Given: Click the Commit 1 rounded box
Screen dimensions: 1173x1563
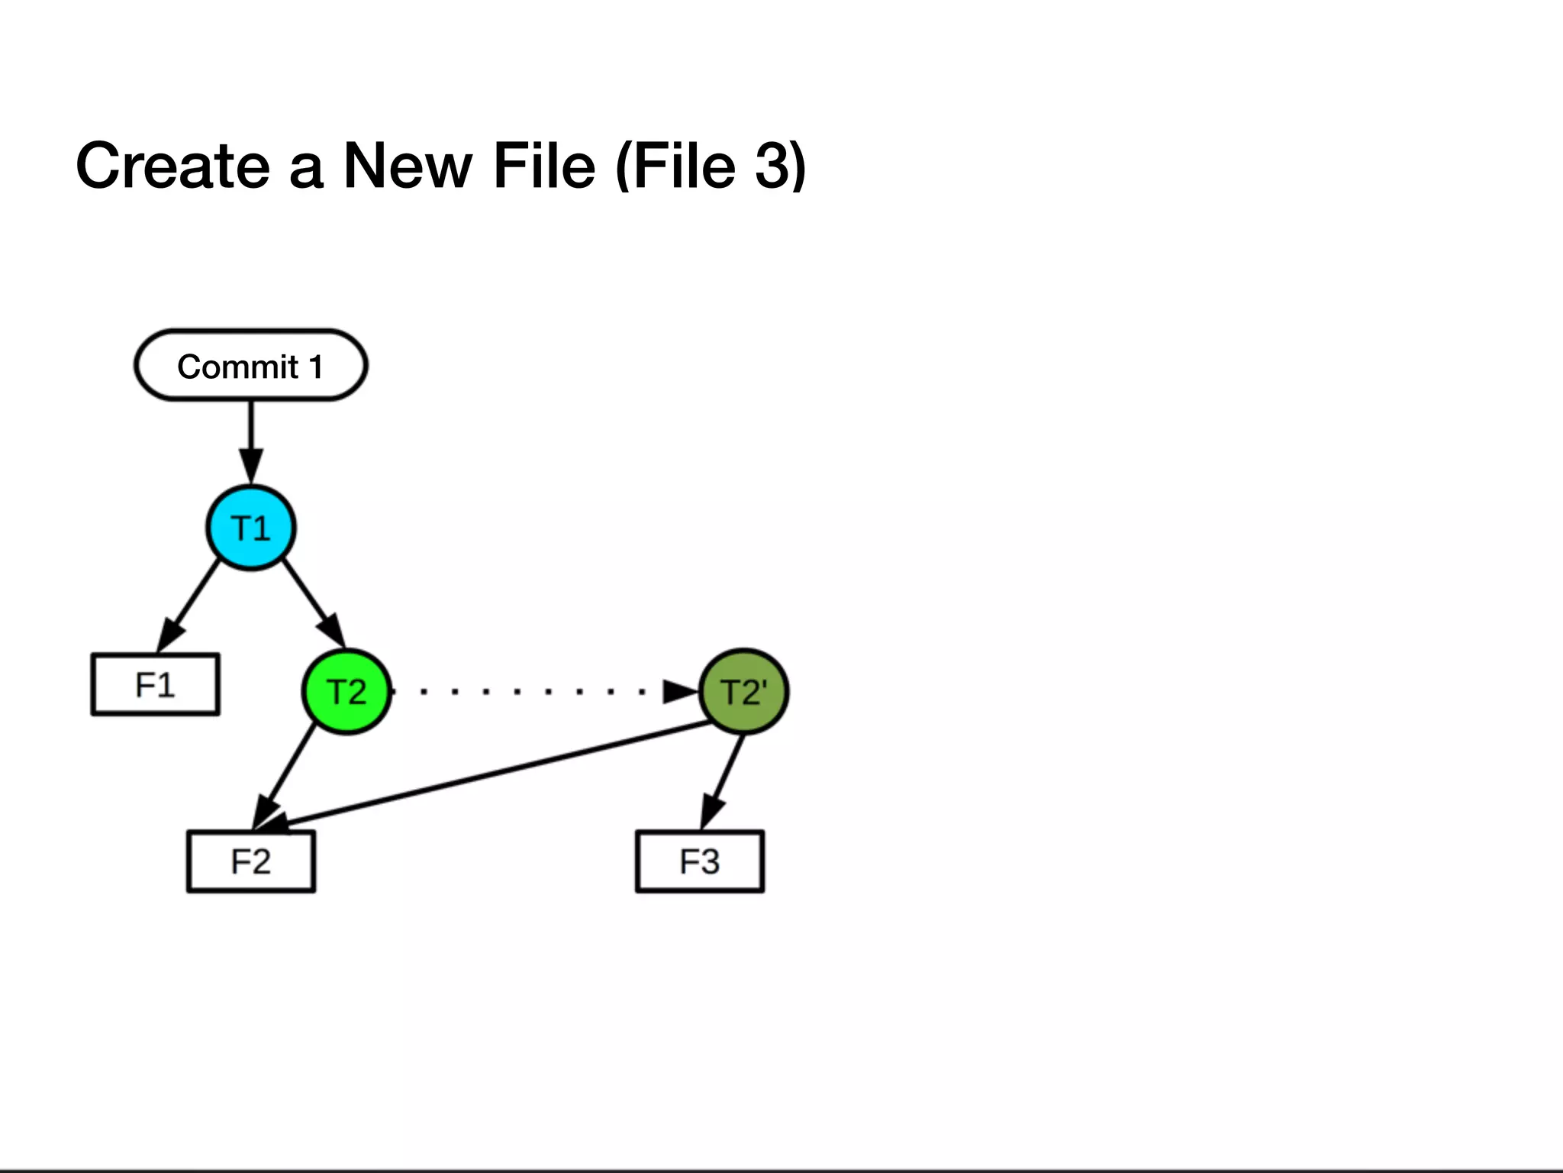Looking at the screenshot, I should (x=250, y=365).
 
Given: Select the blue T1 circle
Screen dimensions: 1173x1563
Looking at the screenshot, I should (x=250, y=528).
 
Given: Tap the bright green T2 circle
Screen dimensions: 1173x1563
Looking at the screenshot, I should (x=346, y=691).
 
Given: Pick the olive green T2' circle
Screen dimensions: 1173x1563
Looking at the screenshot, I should (x=743, y=692).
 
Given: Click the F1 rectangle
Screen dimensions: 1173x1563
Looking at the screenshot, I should (x=156, y=684).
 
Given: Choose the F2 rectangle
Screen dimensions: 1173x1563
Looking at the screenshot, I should (x=251, y=861).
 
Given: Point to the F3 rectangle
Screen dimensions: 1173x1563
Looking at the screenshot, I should (x=700, y=861).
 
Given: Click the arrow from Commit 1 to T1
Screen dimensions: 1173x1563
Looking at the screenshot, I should (x=250, y=439).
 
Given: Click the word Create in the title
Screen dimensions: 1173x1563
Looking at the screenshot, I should (x=172, y=166).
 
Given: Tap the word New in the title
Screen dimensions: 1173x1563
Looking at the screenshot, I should (x=408, y=166).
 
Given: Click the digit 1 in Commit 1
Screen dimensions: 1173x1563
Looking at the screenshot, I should (x=315, y=367).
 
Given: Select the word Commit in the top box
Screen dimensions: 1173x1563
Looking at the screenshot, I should (x=237, y=367).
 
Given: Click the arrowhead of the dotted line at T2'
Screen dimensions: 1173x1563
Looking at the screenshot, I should (x=679, y=692).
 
